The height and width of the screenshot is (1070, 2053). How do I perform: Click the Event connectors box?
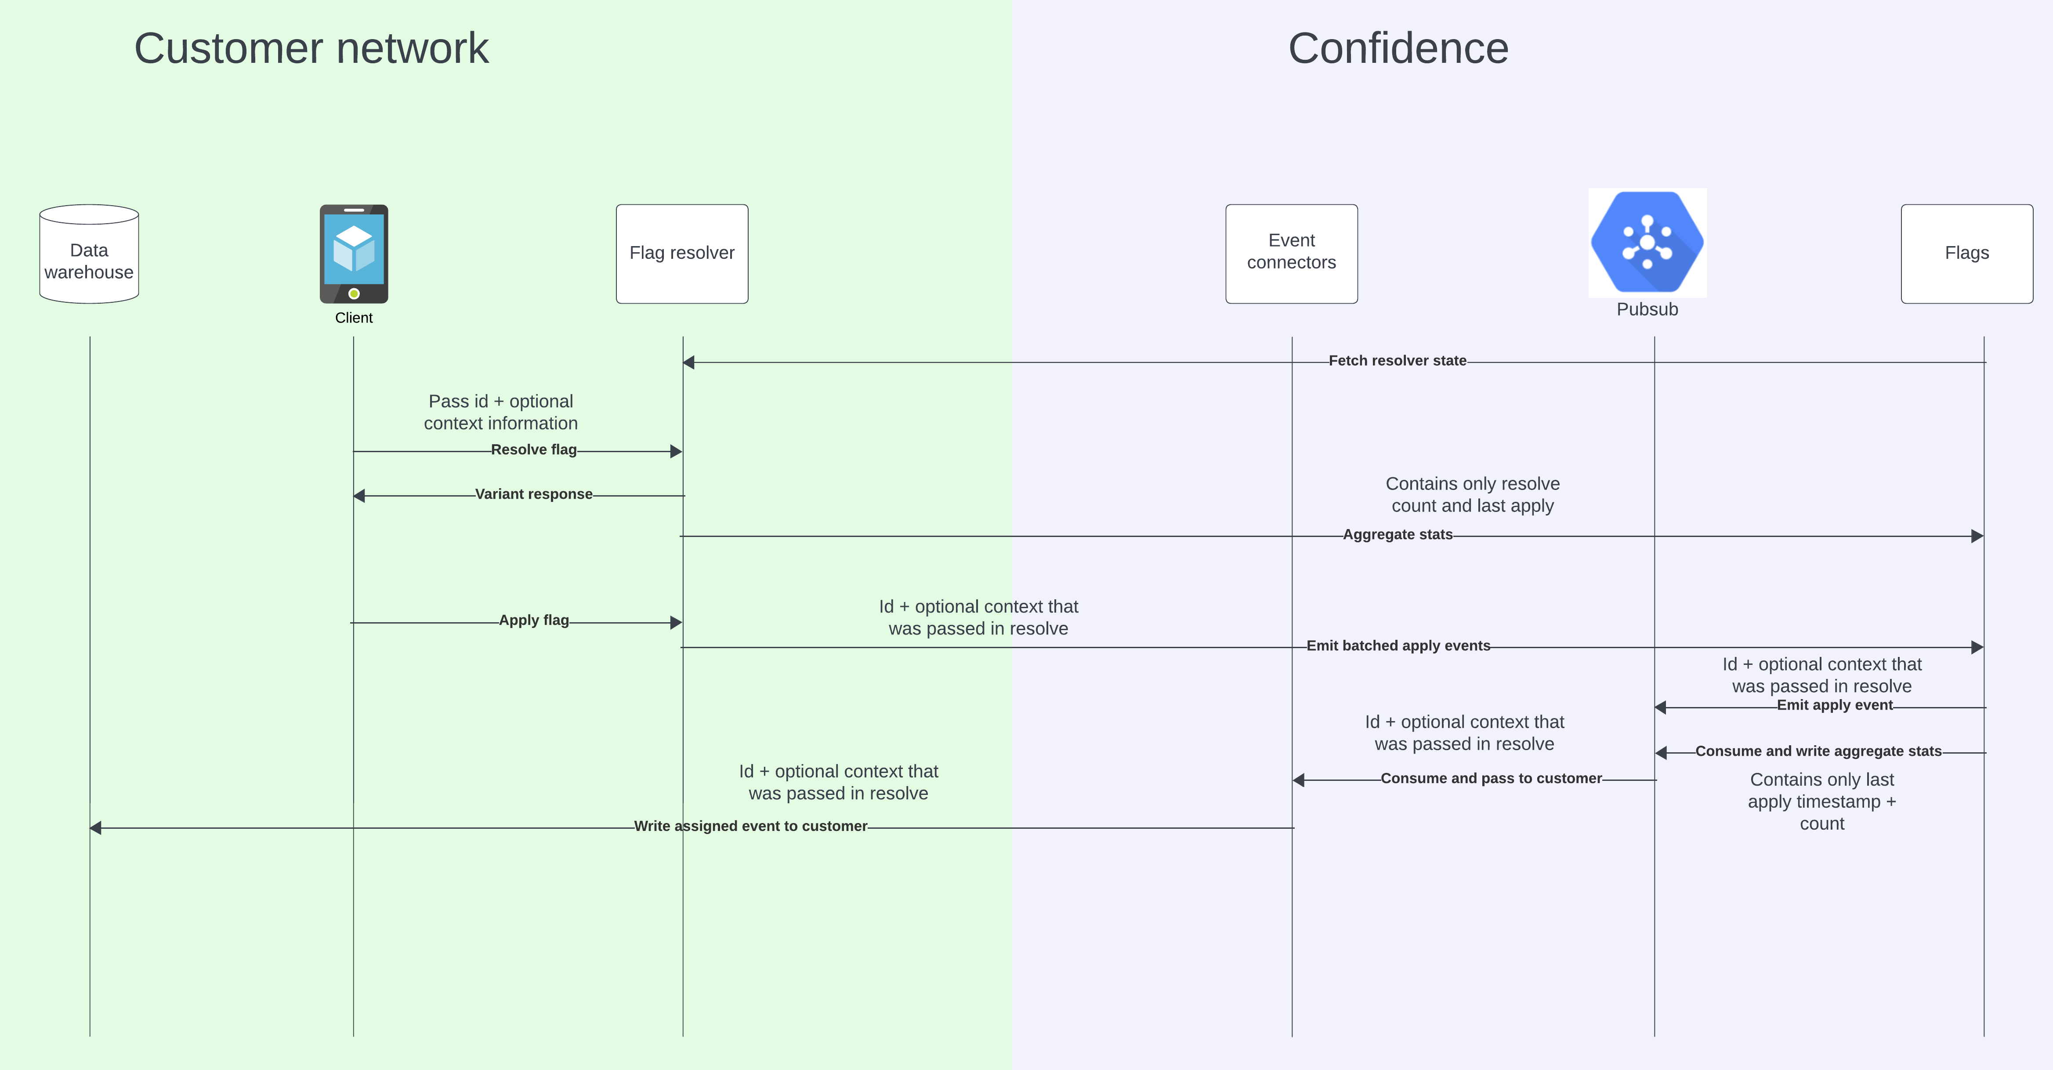click(1291, 254)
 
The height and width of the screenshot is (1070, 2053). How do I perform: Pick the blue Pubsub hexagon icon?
click(1647, 242)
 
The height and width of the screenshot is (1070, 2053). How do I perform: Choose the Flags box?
click(1966, 254)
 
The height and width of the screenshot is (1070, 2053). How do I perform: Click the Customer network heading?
click(311, 48)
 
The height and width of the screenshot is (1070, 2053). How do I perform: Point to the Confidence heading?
click(1398, 48)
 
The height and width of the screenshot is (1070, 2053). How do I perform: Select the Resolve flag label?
click(533, 450)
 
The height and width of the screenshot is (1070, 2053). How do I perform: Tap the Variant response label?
click(533, 494)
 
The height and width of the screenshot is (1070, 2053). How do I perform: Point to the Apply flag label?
click(533, 620)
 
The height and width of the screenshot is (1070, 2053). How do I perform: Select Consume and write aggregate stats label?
click(1818, 751)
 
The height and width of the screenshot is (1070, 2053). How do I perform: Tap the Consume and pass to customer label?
click(1490, 778)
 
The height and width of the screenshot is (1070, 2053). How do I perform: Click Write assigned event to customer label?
click(750, 826)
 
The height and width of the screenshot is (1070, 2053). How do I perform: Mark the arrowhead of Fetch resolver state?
click(688, 363)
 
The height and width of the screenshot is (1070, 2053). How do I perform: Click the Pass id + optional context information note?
click(500, 412)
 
